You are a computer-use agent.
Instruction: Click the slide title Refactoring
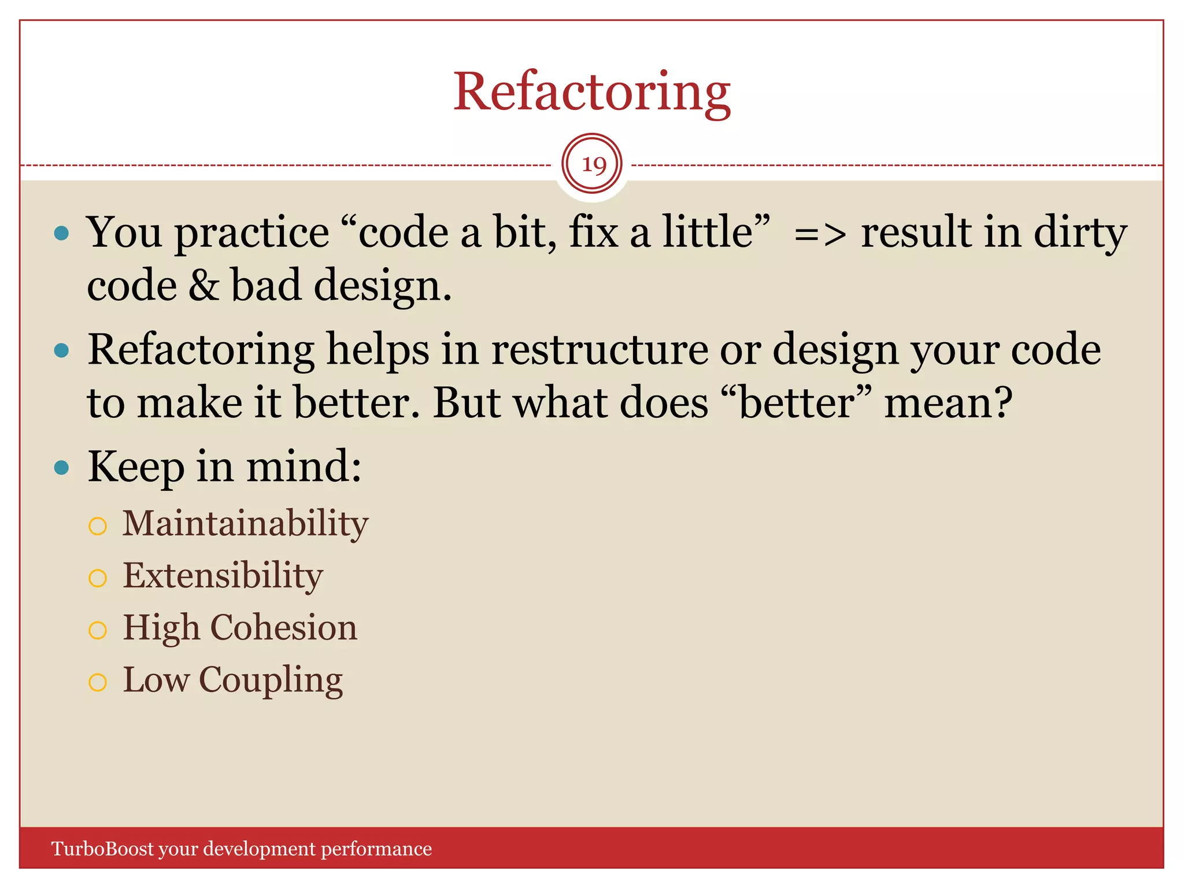(591, 92)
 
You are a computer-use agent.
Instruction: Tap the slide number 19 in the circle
(593, 165)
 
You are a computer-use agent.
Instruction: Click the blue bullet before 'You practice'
(61, 233)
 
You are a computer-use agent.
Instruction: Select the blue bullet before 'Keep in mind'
(61, 467)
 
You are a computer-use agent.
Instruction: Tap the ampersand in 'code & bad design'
(203, 285)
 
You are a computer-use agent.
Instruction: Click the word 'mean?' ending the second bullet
(948, 403)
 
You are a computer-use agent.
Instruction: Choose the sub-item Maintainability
(245, 524)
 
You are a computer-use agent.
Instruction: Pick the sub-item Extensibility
(223, 576)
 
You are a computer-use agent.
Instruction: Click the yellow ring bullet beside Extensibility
(98, 578)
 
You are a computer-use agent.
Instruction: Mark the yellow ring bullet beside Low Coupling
(98, 683)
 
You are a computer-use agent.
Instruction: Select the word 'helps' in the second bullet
(378, 350)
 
